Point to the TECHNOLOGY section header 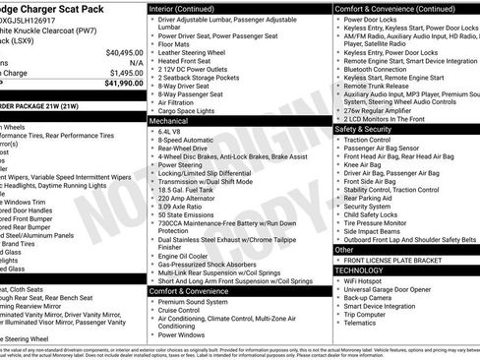pos(358,270)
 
